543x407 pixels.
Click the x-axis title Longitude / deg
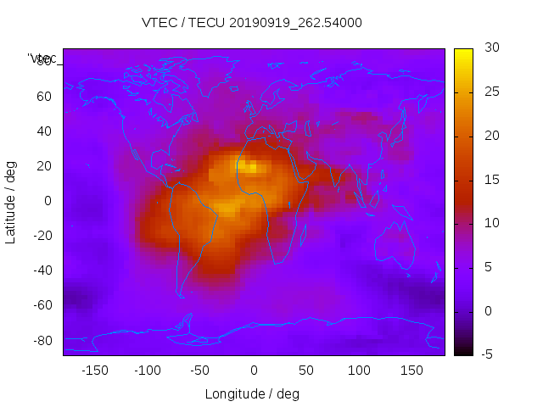pos(252,393)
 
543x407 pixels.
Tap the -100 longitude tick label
pos(147,370)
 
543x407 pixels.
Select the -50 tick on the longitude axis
pos(200,370)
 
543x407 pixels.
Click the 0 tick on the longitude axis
pos(253,370)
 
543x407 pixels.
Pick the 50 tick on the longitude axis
pos(306,370)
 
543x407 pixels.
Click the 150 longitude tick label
pos(411,370)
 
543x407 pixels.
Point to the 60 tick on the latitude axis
pos(44,96)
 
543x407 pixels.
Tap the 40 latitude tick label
pos(44,131)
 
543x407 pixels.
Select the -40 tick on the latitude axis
pos(42,270)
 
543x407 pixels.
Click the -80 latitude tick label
pos(42,340)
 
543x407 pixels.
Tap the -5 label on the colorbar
pos(486,354)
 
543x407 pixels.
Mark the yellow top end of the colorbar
pos(463,53)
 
